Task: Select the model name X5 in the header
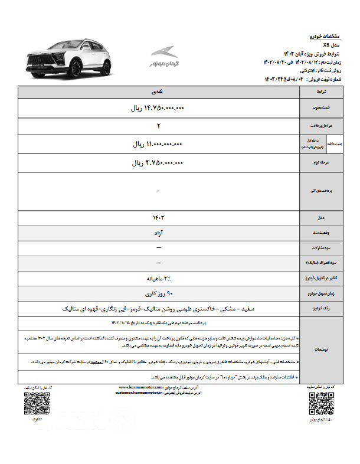(x=326, y=45)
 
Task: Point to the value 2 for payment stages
(x=159, y=126)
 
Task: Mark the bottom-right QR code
(x=321, y=404)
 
